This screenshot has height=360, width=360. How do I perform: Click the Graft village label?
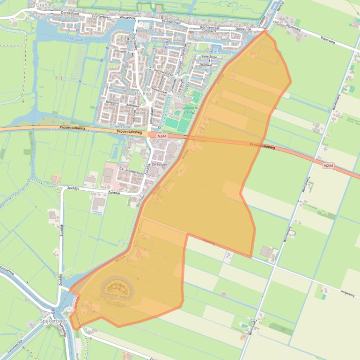pos(42,5)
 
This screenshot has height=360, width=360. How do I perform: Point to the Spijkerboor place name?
pos(54,322)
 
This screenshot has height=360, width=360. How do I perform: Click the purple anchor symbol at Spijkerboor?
pos(53,311)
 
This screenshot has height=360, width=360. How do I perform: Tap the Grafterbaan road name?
pos(101,16)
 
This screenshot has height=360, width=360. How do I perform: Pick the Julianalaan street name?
pos(152,115)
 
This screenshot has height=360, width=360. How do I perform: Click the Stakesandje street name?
pos(208,58)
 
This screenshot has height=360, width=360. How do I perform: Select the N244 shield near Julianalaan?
pos(162,136)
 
